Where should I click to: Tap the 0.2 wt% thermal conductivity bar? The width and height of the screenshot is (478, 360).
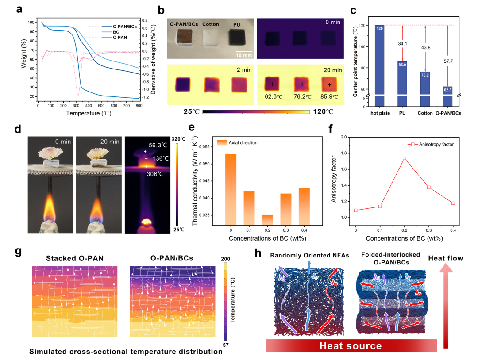coord(267,220)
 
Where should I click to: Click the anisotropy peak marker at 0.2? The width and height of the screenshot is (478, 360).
coord(404,158)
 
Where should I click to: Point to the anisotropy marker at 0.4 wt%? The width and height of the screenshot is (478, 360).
coord(453,203)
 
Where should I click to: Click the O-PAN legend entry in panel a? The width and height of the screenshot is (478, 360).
coord(120,38)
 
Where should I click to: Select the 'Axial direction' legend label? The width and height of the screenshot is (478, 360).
coord(243,142)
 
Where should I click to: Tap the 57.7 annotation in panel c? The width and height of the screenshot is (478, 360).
coord(448,61)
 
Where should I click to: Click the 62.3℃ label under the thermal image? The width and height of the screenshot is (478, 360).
coord(274,96)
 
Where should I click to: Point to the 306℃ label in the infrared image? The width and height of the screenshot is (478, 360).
coord(155,174)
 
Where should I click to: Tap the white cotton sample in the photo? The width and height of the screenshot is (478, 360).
coord(211,37)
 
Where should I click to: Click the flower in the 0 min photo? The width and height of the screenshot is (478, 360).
coord(50,153)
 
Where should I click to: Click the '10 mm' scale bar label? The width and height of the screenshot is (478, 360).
coord(244,55)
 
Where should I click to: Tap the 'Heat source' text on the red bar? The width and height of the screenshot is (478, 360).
coord(351,346)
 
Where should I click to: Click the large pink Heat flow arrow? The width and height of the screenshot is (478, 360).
coord(446,306)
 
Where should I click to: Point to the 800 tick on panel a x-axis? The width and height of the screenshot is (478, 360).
coord(139,106)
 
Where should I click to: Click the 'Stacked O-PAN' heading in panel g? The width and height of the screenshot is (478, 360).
coord(75,258)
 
